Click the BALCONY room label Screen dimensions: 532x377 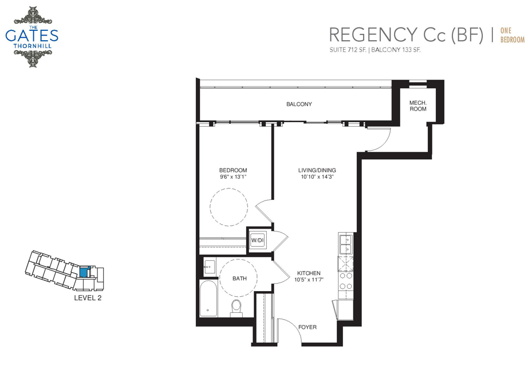coord(299,104)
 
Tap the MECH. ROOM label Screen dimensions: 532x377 coord(417,106)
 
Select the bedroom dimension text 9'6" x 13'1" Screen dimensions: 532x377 coord(232,177)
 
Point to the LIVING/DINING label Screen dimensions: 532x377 coord(317,170)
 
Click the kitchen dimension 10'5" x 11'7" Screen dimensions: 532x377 coord(309,280)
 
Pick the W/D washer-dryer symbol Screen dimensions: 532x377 coord(258,241)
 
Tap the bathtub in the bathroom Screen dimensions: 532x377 coord(208,299)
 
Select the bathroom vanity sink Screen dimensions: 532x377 coord(210,267)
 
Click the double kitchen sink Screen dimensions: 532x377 coord(346,244)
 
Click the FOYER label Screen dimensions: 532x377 coord(308,327)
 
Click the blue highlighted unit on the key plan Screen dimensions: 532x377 coord(84,272)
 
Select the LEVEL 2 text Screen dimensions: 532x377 coord(88,298)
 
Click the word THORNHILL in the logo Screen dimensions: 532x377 coord(32,46)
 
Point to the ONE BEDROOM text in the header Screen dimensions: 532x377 coord(513,36)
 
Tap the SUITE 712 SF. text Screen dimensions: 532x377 coord(348,50)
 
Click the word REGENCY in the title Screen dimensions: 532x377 coord(373,34)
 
